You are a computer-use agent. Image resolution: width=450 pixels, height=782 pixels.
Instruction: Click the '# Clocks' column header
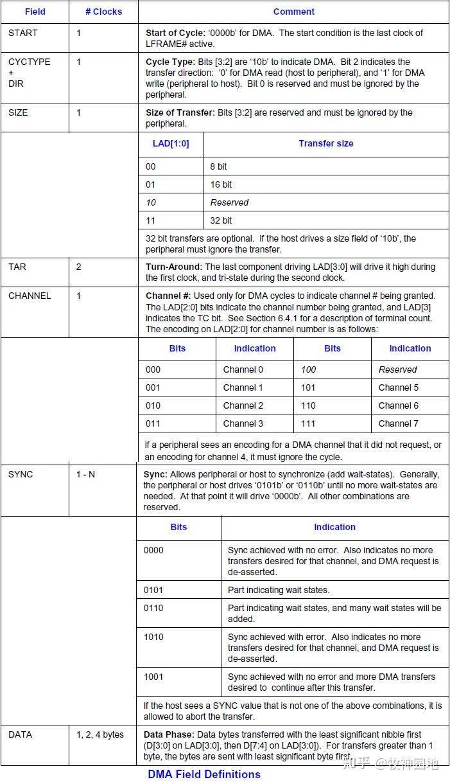coord(103,12)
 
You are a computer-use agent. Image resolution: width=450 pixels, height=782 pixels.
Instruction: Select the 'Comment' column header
coord(293,12)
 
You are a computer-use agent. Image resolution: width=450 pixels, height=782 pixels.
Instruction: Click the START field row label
coord(22,33)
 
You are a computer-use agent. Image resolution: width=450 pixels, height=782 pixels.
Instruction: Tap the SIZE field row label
coord(18,112)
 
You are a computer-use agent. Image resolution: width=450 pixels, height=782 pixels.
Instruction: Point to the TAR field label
coord(17,267)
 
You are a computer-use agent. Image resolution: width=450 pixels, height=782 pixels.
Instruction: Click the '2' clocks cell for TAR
coord(79,267)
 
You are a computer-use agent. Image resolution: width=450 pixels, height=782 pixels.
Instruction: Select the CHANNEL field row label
coord(29,296)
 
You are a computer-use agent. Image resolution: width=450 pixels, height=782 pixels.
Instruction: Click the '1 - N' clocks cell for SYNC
coord(86,474)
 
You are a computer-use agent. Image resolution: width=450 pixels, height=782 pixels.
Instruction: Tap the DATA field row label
coord(20,734)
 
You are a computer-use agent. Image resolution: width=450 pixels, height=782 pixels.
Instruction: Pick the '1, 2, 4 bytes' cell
coord(100,734)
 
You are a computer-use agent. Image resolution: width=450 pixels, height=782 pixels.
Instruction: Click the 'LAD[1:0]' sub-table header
coord(171,143)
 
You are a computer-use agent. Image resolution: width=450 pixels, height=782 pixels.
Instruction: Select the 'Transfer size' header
coord(325,143)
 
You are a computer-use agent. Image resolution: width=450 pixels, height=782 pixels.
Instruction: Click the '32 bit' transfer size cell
coord(221,220)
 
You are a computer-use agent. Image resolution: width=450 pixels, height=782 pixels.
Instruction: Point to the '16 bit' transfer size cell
coord(221,184)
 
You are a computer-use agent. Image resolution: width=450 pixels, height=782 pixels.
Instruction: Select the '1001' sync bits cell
coord(153,677)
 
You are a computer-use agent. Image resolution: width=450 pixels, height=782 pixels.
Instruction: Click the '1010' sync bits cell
coord(153,637)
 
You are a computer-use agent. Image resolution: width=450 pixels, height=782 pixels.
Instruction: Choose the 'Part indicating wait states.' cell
coord(279,590)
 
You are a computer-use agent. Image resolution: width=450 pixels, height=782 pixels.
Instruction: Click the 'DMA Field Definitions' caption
coord(204,774)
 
